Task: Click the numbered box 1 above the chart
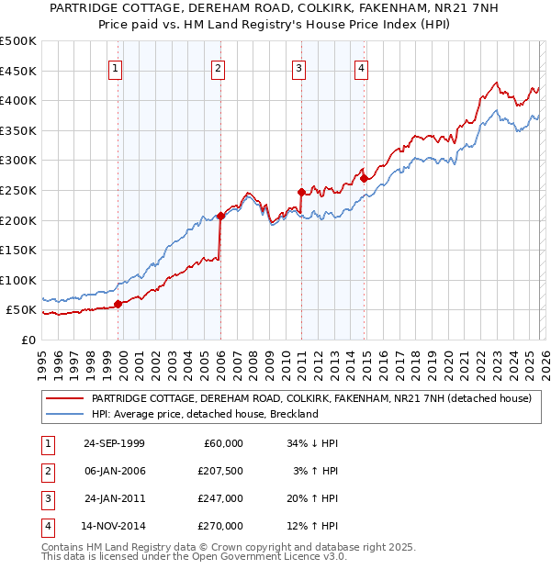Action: tap(116, 67)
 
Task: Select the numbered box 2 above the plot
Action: tap(218, 67)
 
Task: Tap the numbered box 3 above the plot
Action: tap(299, 67)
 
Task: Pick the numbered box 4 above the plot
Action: tap(362, 67)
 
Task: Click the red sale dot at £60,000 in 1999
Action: tap(118, 304)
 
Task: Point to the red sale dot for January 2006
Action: tap(220, 216)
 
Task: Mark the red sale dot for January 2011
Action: tap(301, 192)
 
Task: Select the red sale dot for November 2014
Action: tap(364, 178)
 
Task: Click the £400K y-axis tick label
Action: tap(18, 101)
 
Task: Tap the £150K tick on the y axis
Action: tap(18, 250)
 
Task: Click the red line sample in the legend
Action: tap(64, 398)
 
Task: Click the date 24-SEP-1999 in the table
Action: tap(114, 443)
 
